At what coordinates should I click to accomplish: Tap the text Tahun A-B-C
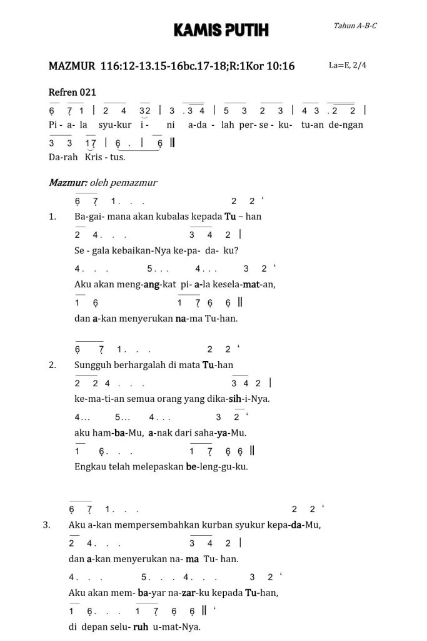pyautogui.click(x=355, y=26)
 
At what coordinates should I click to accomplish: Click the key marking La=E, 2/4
pyautogui.click(x=347, y=65)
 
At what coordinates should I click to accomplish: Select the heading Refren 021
pyautogui.click(x=72, y=92)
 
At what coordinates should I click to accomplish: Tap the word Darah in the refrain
pyautogui.click(x=61, y=156)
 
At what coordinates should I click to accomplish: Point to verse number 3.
pyautogui.click(x=46, y=525)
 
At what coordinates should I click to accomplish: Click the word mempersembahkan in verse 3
pyautogui.click(x=156, y=525)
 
